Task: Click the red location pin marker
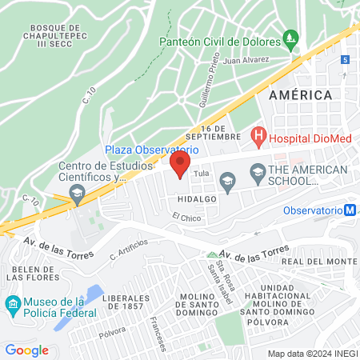(180, 166)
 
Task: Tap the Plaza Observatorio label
(151, 149)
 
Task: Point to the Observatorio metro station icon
(350, 210)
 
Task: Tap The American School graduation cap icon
(258, 170)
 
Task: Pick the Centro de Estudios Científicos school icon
(77, 192)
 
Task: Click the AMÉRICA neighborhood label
(301, 95)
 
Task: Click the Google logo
(26, 350)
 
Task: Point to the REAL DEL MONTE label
(319, 262)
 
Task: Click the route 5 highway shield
(345, 60)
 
